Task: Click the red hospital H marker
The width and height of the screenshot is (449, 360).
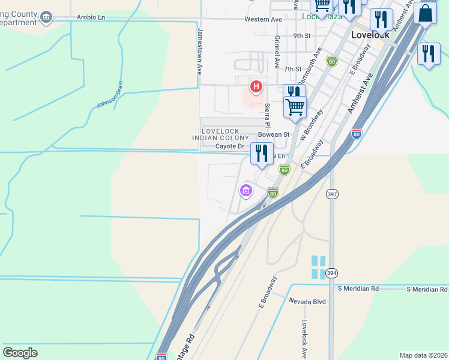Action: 257,87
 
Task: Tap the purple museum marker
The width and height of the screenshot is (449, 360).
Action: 246,191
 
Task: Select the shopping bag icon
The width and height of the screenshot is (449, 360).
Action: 425,13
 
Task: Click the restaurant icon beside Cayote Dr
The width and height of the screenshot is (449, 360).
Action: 261,154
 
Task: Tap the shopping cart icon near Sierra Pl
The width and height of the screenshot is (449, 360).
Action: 295,107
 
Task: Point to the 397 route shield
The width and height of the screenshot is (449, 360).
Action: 332,194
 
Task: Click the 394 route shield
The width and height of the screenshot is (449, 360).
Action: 331,273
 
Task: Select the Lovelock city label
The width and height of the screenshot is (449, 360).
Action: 370,35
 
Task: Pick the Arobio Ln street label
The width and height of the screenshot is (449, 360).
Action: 91,17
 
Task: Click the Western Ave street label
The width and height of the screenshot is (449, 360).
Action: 263,19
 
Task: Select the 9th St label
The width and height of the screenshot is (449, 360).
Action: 301,36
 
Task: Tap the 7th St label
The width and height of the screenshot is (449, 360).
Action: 292,69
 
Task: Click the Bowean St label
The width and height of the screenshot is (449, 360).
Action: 274,134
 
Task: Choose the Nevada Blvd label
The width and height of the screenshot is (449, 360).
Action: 307,301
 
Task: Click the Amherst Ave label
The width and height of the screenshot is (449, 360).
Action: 360,93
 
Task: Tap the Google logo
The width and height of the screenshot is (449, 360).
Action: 20,352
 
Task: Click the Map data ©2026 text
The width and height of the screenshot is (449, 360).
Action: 423,355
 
